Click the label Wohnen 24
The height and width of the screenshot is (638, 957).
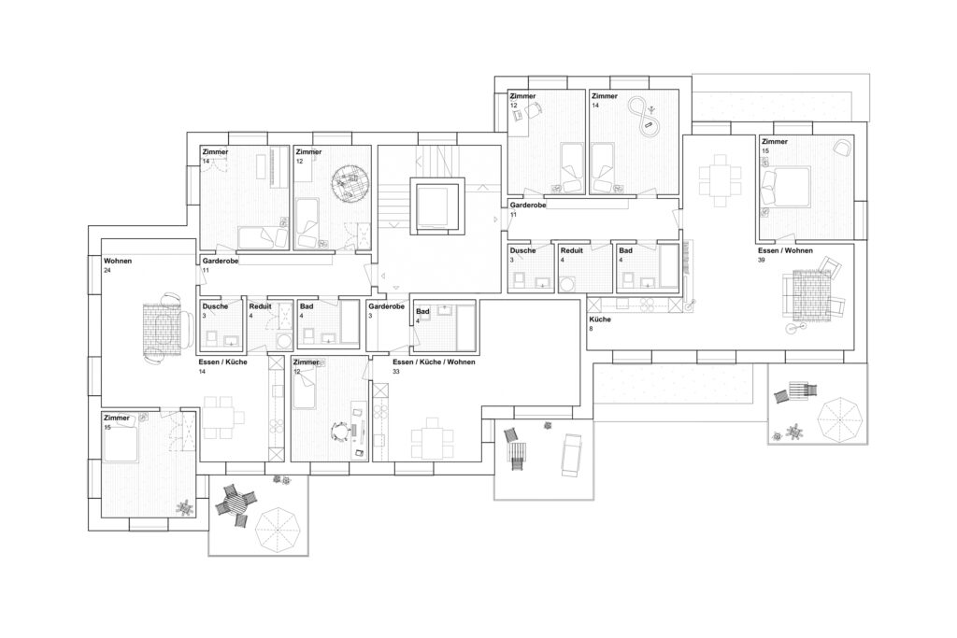tap(118, 264)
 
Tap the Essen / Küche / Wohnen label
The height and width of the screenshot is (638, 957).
tap(429, 361)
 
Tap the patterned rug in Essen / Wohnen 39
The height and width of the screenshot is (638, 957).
tap(809, 297)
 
